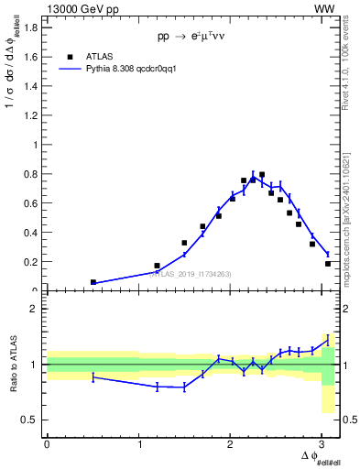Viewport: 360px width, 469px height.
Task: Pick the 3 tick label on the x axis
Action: (x=325, y=443)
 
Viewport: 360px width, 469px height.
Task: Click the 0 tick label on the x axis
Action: (x=47, y=443)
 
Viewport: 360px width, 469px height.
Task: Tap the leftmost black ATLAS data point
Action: (x=93, y=282)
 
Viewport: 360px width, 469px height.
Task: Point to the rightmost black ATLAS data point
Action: (x=328, y=264)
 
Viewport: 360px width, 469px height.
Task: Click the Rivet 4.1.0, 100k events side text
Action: (x=351, y=64)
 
